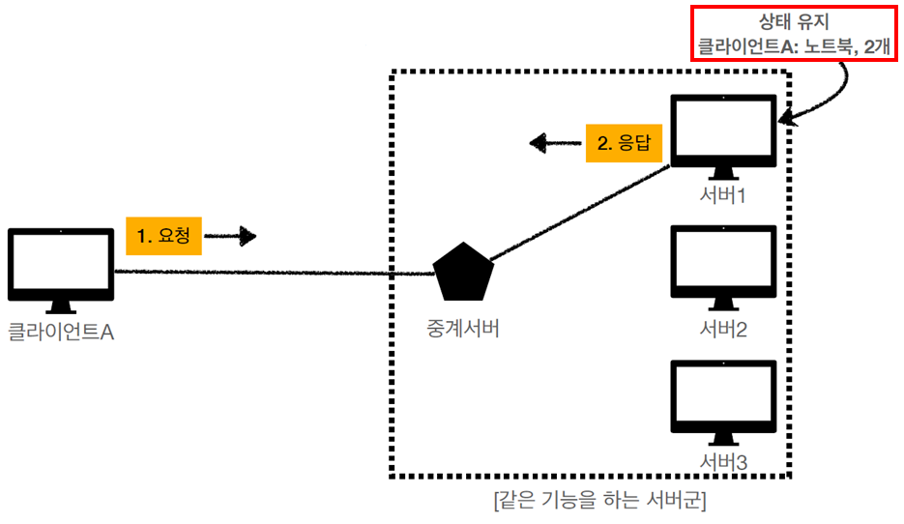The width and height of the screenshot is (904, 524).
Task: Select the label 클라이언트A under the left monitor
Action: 61,334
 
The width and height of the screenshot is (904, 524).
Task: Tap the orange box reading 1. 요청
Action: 163,235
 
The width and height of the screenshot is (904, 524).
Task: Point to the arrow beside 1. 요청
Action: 232,235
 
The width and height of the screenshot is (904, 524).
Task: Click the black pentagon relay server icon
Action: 464,274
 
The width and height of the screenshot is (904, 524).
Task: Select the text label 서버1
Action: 724,195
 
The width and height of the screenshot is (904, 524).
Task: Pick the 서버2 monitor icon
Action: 724,263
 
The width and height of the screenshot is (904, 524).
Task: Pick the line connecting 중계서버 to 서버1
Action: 580,215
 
